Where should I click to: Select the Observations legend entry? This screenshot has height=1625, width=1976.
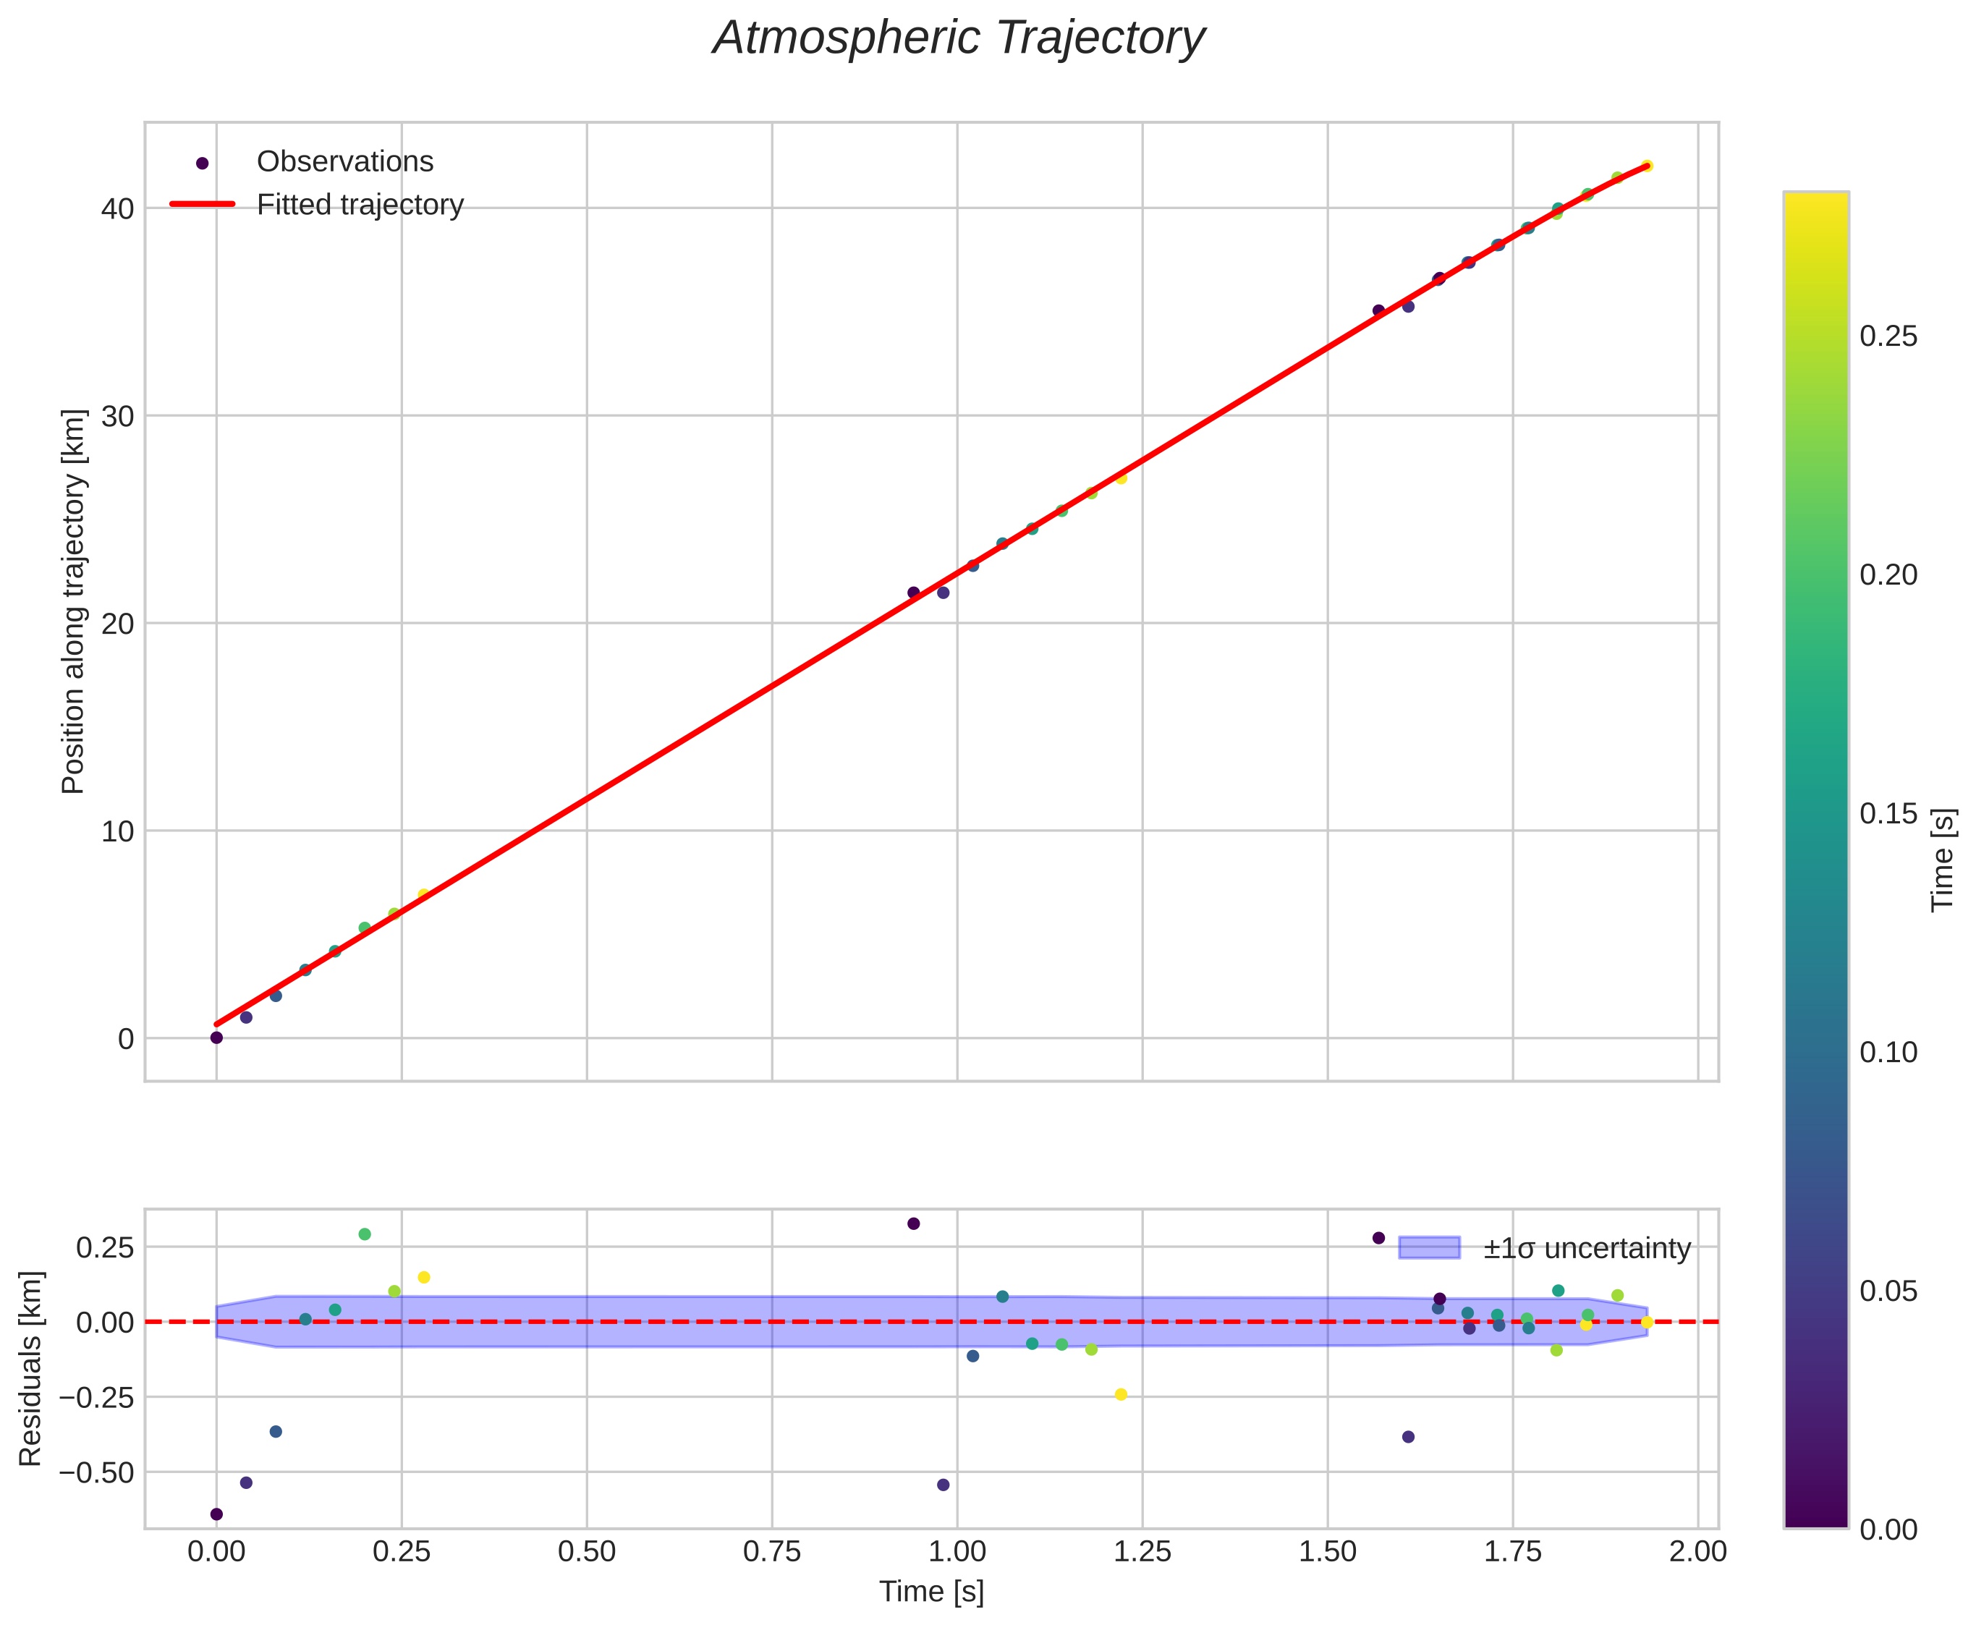(x=344, y=162)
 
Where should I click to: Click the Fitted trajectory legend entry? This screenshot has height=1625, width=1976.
(x=360, y=205)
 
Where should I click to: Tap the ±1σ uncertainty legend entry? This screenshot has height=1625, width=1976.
(x=1587, y=1249)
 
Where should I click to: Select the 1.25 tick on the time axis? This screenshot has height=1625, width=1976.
(x=1142, y=1552)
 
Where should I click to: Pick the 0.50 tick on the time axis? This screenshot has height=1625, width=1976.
(x=587, y=1552)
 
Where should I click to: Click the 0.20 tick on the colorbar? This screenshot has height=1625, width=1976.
(x=1888, y=574)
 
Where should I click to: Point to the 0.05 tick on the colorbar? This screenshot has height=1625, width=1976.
(x=1888, y=1291)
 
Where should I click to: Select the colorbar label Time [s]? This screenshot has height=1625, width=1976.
(x=1943, y=860)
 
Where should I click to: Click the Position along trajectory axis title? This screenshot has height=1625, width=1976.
(x=73, y=601)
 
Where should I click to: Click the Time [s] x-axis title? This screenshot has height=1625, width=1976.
(x=931, y=1592)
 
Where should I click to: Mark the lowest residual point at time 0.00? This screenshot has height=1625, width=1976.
(x=216, y=1514)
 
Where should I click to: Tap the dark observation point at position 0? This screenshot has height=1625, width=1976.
(x=216, y=1038)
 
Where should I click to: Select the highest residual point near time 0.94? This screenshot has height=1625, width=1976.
(x=914, y=1223)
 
